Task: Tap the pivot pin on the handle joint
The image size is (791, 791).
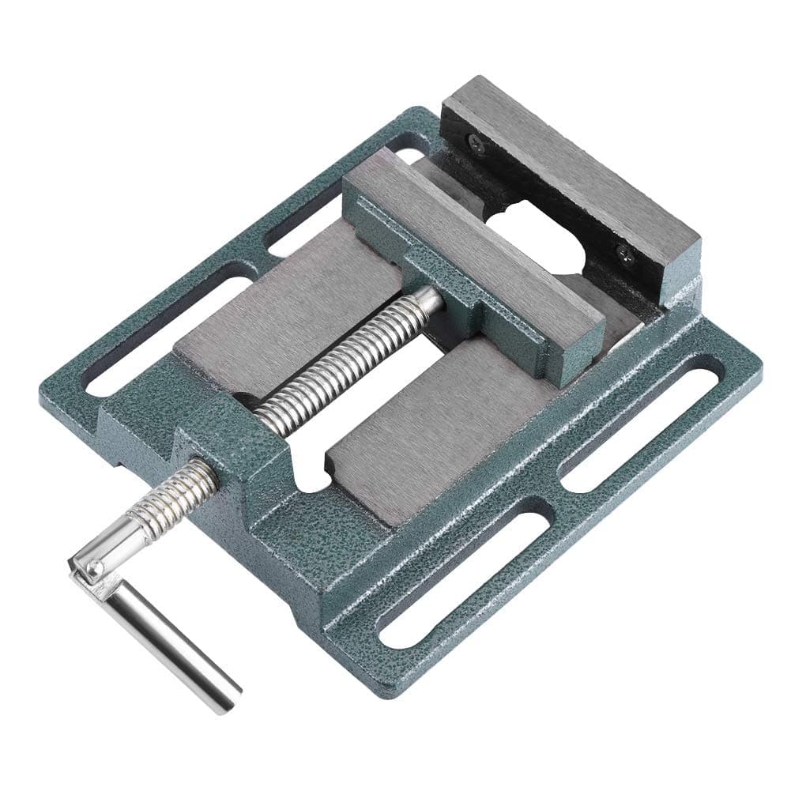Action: (93, 567)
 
